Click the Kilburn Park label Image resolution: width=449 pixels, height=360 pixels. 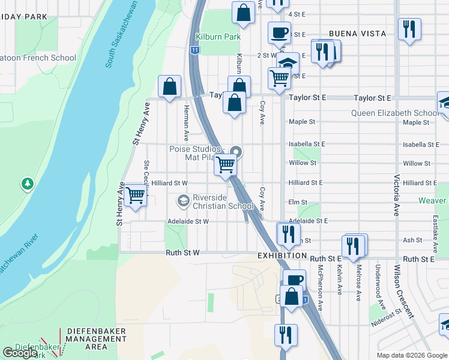point(220,37)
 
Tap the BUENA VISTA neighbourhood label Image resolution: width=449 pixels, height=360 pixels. point(357,34)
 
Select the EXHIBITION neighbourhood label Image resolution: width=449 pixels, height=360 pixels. point(283,256)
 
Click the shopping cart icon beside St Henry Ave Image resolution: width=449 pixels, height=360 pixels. point(136,195)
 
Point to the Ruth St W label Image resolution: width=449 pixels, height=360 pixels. point(182,253)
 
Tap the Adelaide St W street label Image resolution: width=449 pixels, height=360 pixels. point(188,221)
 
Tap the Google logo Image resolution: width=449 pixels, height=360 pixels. point(20,353)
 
